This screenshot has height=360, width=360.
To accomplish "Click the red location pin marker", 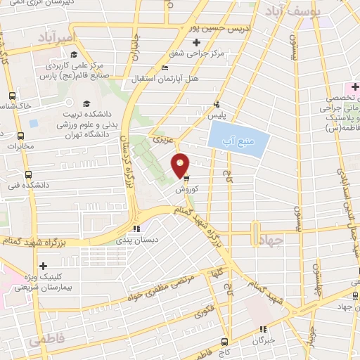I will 181,165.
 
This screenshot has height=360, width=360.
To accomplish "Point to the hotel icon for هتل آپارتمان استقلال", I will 164,67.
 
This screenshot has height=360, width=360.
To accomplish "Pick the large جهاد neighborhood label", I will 270,240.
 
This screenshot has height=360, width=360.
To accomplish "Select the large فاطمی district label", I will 46,340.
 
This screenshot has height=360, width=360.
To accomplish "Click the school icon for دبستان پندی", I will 137,228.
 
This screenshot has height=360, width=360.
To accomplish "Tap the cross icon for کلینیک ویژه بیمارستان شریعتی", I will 44,266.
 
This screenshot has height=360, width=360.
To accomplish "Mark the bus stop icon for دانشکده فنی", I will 28,174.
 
